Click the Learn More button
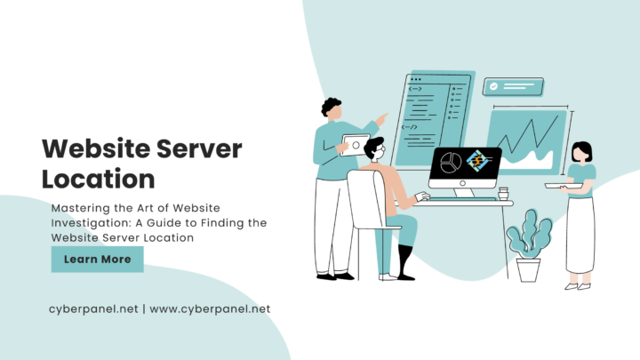(97, 260)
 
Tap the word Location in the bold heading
(99, 178)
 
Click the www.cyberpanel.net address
(210, 308)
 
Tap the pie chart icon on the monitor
(450, 164)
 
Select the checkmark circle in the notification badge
(494, 86)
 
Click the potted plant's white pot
(528, 268)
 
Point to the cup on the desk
(503, 193)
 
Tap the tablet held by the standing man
(356, 144)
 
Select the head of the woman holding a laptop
(582, 152)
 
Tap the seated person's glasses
(380, 155)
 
